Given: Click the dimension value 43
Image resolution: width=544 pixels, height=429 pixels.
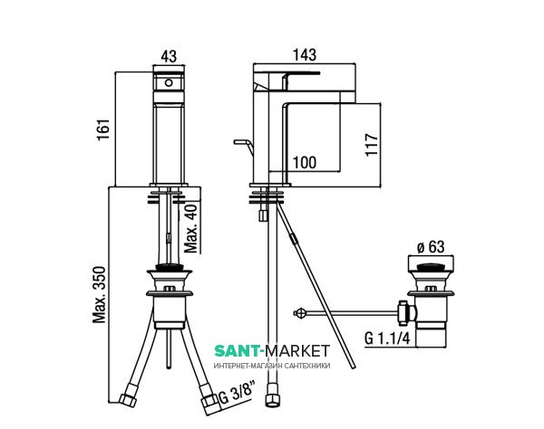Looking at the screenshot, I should pyautogui.click(x=170, y=56).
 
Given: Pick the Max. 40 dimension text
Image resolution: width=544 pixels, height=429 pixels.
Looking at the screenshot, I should pyautogui.click(x=190, y=229).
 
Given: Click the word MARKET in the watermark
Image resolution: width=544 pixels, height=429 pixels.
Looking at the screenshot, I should pyautogui.click(x=299, y=350).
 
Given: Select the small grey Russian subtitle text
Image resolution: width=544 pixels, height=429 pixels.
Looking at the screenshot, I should pyautogui.click(x=272, y=365).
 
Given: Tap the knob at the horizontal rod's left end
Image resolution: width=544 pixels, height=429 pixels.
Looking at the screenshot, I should pyautogui.click(x=301, y=313).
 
